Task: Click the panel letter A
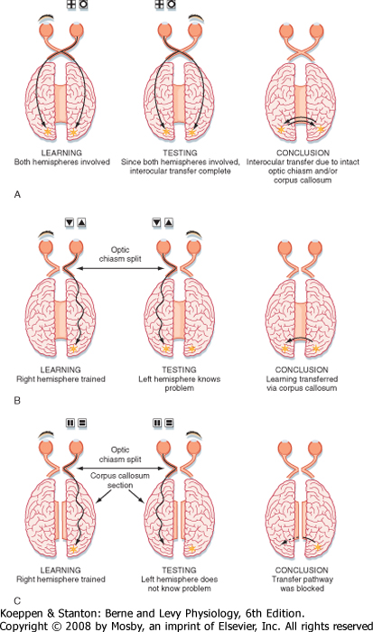click(17, 195)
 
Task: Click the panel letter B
click(17, 401)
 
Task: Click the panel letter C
click(17, 601)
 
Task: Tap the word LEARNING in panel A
click(61, 153)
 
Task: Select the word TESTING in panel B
click(180, 369)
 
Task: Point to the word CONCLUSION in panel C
click(302, 570)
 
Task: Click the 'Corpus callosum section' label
click(120, 480)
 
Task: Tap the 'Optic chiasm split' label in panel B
click(120, 254)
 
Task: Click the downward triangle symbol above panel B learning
click(70, 222)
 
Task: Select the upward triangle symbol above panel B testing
click(169, 222)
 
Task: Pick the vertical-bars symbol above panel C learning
click(70, 423)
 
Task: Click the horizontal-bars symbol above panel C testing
click(169, 423)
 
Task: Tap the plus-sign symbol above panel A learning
click(71, 5)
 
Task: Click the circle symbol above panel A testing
click(171, 5)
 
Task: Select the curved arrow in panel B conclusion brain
click(301, 339)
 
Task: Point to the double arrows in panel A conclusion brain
click(301, 120)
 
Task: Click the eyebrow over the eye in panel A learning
click(46, 19)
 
